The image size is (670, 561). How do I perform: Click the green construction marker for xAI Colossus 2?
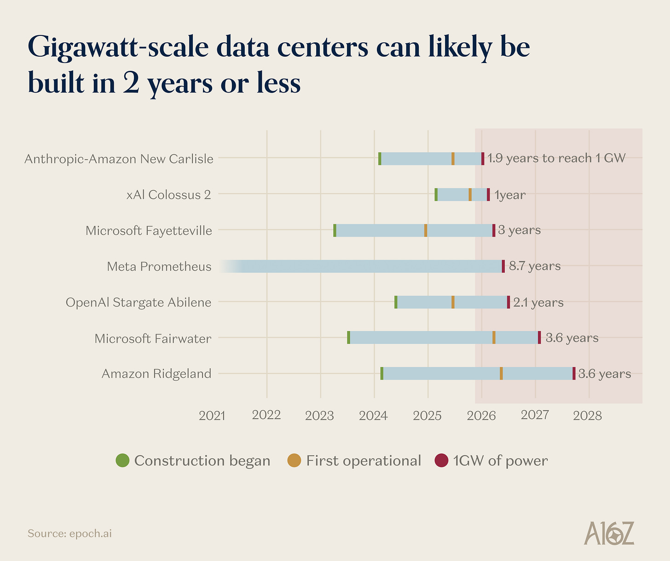pyautogui.click(x=436, y=195)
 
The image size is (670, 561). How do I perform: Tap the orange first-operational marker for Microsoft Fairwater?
pyautogui.click(x=494, y=337)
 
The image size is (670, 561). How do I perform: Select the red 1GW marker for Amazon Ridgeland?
pyautogui.click(x=574, y=373)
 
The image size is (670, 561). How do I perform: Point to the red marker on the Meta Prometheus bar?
pyautogui.click(x=503, y=266)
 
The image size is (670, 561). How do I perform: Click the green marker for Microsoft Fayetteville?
pyautogui.click(x=335, y=230)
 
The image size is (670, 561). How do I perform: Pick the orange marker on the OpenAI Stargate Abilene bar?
pyautogui.click(x=453, y=302)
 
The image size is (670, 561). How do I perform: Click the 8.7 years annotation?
pyautogui.click(x=535, y=266)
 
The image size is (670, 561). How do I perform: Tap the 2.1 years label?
pyautogui.click(x=538, y=302)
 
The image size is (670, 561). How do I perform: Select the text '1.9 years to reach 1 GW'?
pyautogui.click(x=556, y=158)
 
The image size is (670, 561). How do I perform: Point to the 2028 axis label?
pyautogui.click(x=588, y=416)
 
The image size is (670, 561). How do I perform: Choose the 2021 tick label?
pyautogui.click(x=212, y=416)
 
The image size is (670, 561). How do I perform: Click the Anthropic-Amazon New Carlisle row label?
pyautogui.click(x=119, y=159)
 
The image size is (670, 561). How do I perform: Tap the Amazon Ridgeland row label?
pyautogui.click(x=156, y=373)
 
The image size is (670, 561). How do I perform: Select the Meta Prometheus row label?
pyautogui.click(x=159, y=266)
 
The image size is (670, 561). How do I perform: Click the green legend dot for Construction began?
pyautogui.click(x=122, y=460)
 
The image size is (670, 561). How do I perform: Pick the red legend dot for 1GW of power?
pyautogui.click(x=441, y=460)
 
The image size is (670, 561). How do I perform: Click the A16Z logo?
pyautogui.click(x=609, y=534)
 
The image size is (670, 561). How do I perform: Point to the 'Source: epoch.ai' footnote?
pyautogui.click(x=69, y=533)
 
